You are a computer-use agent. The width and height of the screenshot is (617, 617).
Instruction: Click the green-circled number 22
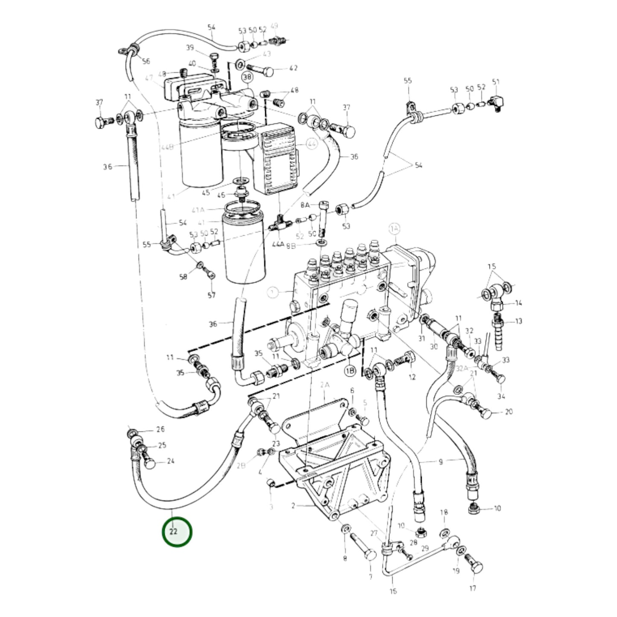177,532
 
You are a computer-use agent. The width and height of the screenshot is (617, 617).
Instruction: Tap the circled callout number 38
247,77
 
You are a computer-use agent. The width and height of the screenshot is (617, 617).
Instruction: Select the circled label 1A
395,230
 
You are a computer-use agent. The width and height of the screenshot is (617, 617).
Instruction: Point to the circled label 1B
350,371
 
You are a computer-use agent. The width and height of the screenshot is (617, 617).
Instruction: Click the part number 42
293,68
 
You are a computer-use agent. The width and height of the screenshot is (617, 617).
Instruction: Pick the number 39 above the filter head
190,47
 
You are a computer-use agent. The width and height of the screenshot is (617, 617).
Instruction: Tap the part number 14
518,303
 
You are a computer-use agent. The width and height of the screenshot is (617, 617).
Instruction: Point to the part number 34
501,396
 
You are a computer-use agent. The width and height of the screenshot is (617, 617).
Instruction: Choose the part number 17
473,588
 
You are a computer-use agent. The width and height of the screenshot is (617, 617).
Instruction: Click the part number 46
221,195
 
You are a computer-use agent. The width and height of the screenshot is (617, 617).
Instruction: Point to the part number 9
441,462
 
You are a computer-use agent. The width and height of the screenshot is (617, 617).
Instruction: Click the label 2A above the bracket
325,385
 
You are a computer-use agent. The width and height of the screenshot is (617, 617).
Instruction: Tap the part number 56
146,61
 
